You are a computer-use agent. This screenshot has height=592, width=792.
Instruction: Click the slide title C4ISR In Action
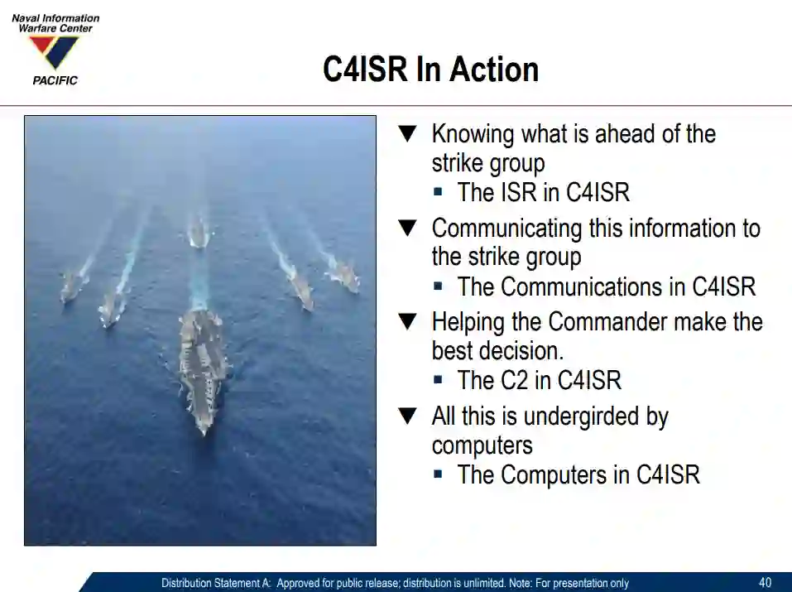pos(431,70)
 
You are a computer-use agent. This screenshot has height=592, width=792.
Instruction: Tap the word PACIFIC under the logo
pos(55,80)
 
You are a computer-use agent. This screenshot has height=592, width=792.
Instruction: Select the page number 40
pos(765,582)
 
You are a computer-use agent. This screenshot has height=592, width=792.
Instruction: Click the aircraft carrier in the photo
pos(203,371)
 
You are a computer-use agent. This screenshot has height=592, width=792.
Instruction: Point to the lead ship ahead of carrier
pos(199,232)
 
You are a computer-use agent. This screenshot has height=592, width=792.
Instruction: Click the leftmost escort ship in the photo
pos(70,286)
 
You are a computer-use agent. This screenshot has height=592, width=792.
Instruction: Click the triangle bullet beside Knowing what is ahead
pos(407,133)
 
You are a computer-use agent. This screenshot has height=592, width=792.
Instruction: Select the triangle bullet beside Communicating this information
pos(407,228)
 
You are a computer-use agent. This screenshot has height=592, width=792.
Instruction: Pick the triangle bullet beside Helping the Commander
pos(407,321)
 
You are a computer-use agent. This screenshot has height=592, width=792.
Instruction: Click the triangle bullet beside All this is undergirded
pos(407,416)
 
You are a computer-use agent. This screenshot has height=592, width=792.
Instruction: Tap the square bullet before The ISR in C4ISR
pos(438,192)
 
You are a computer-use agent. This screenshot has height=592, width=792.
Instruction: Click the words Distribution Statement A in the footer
pos(216,583)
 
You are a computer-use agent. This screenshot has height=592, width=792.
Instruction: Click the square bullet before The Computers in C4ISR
pos(438,474)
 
